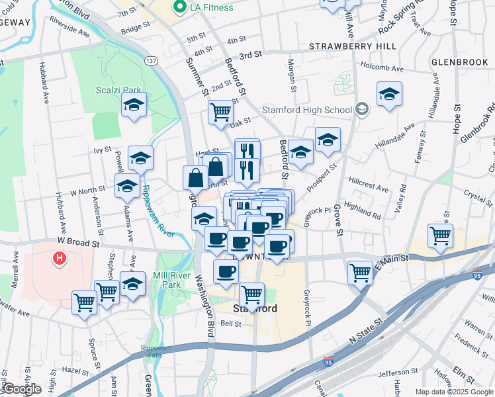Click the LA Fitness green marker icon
(x=178, y=7)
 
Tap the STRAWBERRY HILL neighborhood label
(x=353, y=46)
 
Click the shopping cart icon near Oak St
(x=220, y=110)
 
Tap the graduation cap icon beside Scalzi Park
(x=134, y=105)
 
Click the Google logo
(x=21, y=389)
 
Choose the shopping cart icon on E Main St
(x=361, y=271)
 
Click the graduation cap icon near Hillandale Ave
(x=389, y=94)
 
